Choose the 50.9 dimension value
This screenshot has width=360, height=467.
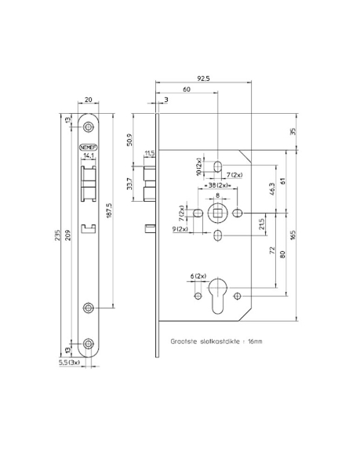pyautogui.click(x=129, y=141)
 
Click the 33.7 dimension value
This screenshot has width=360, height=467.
pyautogui.click(x=129, y=184)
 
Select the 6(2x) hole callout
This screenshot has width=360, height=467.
pyautogui.click(x=198, y=277)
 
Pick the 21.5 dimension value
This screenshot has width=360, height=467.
pyautogui.click(x=261, y=224)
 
